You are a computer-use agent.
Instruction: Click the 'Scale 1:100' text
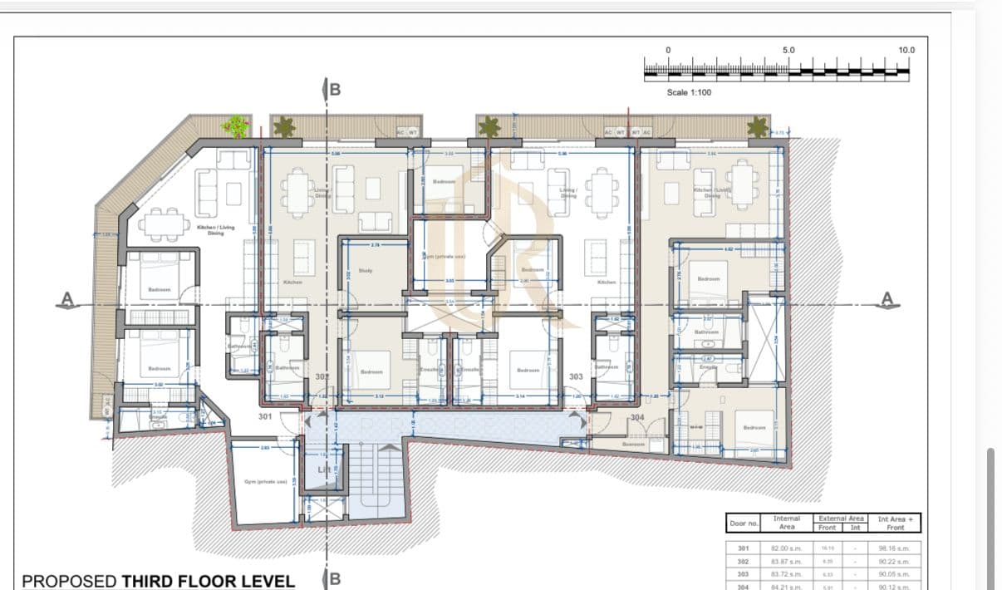pyautogui.click(x=689, y=92)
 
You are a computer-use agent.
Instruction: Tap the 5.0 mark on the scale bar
pyautogui.click(x=788, y=51)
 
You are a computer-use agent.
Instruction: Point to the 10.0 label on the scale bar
pyautogui.click(x=906, y=51)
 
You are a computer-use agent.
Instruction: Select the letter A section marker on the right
pyautogui.click(x=887, y=298)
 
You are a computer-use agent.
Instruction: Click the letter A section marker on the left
pyautogui.click(x=69, y=298)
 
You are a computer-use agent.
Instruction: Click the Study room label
pyautogui.click(x=366, y=271)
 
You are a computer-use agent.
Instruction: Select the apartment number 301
pyautogui.click(x=266, y=416)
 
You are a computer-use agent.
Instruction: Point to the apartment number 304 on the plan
pyautogui.click(x=637, y=417)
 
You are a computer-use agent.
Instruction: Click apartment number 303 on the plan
pyautogui.click(x=576, y=377)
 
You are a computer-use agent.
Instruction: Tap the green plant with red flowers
pyautogui.click(x=235, y=126)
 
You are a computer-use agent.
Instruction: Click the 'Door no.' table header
pyautogui.click(x=744, y=523)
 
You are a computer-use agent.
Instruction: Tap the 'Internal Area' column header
pyautogui.click(x=786, y=523)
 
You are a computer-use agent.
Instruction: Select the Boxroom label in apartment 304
pyautogui.click(x=633, y=445)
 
